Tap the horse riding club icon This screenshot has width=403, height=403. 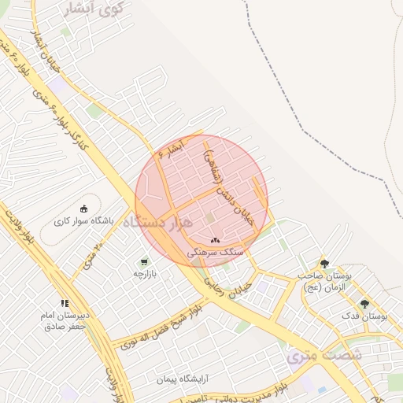click(84, 209)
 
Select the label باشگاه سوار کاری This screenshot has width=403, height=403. click(84, 221)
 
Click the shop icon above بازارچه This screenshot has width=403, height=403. click(144, 262)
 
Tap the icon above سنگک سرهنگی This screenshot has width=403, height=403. click(216, 240)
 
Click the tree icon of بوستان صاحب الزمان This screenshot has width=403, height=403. click(324, 264)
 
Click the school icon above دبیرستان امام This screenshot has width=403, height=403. click(65, 303)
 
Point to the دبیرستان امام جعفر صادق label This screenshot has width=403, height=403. click(67, 320)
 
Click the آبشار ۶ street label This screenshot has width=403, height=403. click(170, 149)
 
